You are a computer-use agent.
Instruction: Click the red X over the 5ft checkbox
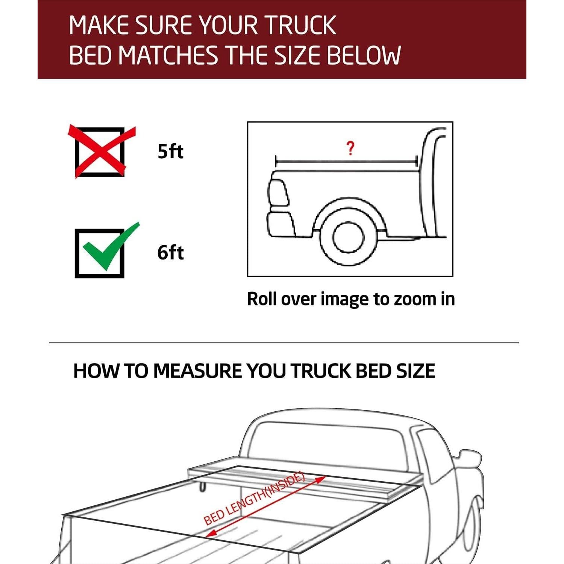[x=101, y=152]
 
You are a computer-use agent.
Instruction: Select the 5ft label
[x=170, y=152]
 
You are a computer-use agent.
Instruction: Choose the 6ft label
[x=170, y=252]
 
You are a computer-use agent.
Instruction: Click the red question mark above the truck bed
[x=350, y=149]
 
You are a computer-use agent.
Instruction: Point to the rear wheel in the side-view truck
[x=348, y=238]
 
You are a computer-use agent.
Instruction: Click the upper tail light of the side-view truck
[x=278, y=192]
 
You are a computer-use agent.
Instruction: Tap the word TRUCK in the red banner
[x=301, y=26]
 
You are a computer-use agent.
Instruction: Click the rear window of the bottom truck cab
[x=327, y=444]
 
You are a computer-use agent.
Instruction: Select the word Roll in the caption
[x=262, y=299]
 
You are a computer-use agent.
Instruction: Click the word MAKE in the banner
[x=100, y=26]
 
